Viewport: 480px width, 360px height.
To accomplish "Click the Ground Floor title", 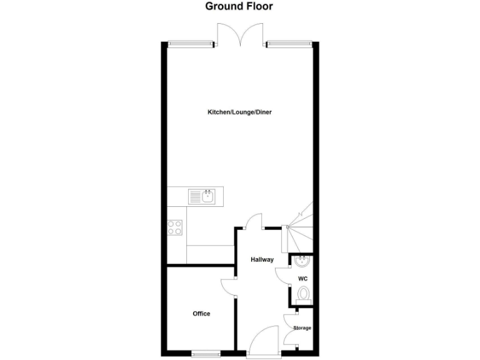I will (239, 7).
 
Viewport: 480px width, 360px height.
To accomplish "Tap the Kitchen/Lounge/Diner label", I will (239, 112).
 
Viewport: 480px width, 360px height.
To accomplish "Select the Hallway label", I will (262, 259).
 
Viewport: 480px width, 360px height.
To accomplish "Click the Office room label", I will (201, 314).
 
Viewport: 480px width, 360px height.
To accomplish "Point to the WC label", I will (302, 278).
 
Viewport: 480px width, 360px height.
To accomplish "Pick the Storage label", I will (302, 327).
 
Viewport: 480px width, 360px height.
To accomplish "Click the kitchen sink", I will (202, 197).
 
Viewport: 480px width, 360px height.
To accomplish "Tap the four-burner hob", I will (176, 227).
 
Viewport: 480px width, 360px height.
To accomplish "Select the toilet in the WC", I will (304, 294).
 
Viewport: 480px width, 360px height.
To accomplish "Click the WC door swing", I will (282, 274).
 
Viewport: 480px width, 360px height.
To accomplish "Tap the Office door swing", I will (229, 288).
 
